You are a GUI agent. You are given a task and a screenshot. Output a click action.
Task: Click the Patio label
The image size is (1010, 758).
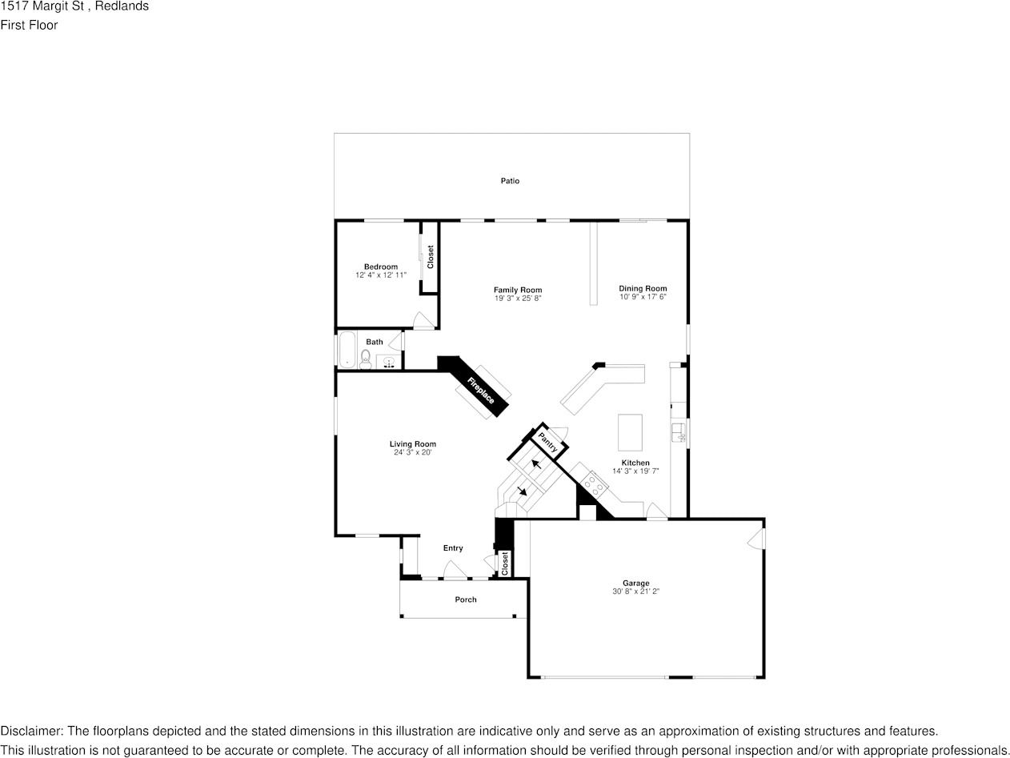pos(510,181)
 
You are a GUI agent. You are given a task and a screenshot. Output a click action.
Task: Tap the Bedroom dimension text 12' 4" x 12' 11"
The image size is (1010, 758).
pos(381,275)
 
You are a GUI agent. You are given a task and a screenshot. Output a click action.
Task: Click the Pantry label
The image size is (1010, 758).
pos(548,441)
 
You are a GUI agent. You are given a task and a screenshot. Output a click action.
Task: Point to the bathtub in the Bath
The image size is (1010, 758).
pos(347,350)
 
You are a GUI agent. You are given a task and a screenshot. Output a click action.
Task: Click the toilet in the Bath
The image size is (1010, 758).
pos(366,358)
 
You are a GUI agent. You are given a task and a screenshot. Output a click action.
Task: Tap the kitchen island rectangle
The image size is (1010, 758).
pos(631,433)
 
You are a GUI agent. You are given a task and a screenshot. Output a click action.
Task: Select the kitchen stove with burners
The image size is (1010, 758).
pos(593,483)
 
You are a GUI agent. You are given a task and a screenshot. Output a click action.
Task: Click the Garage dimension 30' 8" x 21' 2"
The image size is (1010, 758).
pos(635,592)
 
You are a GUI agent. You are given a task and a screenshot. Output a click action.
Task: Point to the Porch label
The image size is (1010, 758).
pos(466,600)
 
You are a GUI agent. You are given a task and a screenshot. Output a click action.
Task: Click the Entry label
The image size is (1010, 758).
pos(453,548)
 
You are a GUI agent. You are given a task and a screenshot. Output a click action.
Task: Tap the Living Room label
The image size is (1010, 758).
pos(413,444)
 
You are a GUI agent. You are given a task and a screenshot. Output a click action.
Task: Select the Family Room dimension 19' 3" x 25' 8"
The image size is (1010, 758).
pos(518,299)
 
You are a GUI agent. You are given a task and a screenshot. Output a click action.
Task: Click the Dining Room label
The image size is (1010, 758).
pos(643,288)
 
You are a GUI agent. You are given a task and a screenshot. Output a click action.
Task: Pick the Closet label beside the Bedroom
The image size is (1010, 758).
pos(430,257)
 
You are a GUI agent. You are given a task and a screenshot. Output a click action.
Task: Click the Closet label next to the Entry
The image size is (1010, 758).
pos(505,563)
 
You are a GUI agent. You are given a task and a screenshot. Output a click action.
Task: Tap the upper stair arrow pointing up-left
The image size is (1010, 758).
pos(535,464)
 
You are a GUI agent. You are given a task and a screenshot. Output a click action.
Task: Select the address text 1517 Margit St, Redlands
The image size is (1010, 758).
pos(74,6)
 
